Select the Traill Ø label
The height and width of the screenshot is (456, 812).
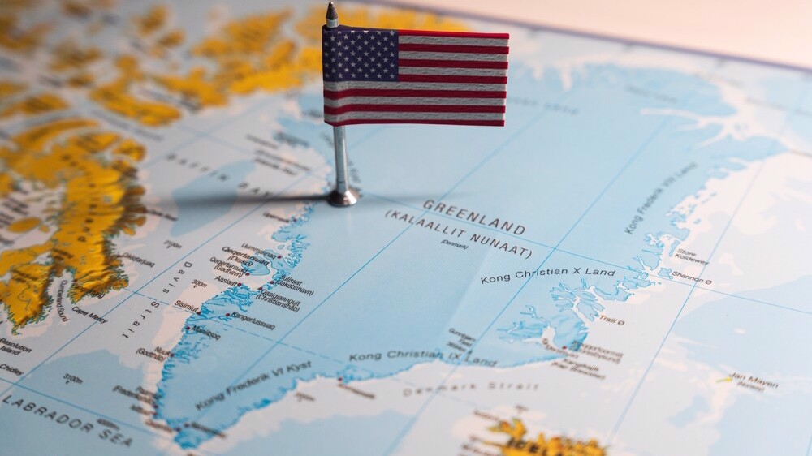click(611, 321)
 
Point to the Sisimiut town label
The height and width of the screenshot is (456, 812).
click(184, 305)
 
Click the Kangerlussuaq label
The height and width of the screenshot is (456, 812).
click(252, 320)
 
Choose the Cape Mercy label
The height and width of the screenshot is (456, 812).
click(89, 314)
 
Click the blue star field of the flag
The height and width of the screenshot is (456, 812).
click(360, 54)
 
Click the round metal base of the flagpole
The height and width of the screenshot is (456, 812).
click(343, 197)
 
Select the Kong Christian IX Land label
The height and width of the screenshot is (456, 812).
click(422, 356)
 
